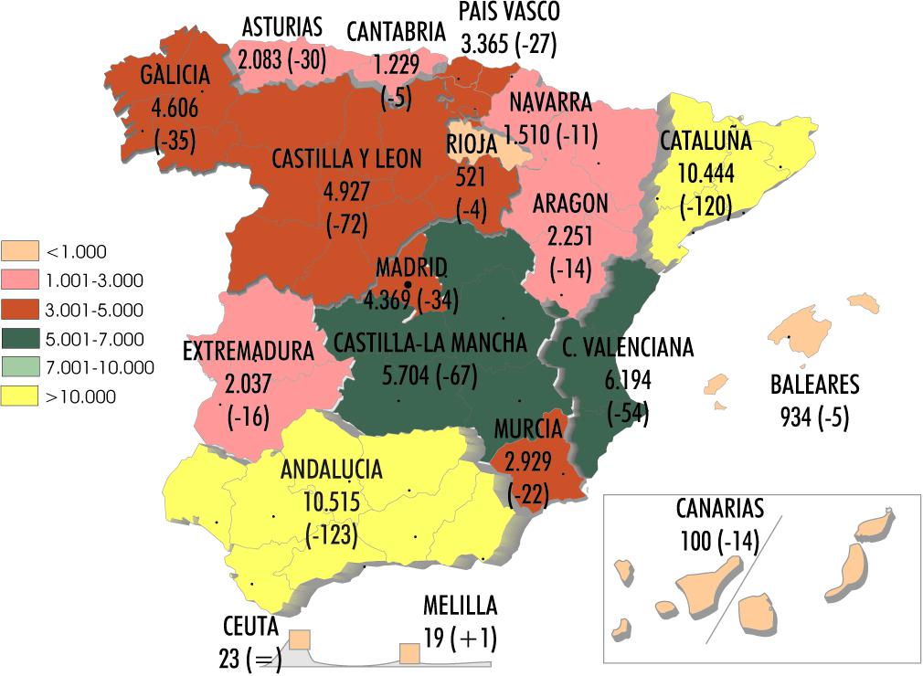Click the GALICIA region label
(175, 75)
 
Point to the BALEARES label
(814, 384)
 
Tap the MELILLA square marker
(409, 652)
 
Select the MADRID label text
(411, 269)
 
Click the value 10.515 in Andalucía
(331, 502)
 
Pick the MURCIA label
(528, 428)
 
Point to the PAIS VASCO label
(509, 12)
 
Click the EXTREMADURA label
(249, 351)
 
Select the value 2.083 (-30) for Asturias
(282, 59)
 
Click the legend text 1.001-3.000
(94, 280)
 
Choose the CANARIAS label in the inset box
(720, 509)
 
